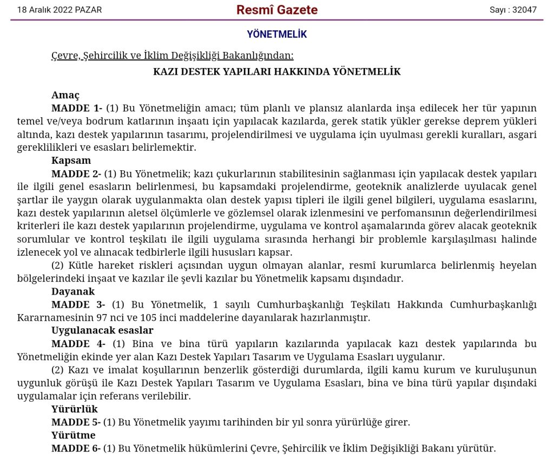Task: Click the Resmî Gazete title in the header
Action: [277, 10]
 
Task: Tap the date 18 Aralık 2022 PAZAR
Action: [60, 10]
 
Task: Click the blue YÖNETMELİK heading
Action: [277, 34]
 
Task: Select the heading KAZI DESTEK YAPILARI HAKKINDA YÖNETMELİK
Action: [277, 71]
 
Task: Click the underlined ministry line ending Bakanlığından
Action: [172, 55]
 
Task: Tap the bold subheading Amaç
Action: [65, 95]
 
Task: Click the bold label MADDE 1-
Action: [77, 108]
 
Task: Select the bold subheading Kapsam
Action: [71, 160]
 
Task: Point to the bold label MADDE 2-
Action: [76, 174]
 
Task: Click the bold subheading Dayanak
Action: [73, 291]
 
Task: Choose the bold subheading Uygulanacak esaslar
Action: [102, 330]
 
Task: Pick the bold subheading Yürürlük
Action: [75, 409]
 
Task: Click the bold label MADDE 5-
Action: [76, 422]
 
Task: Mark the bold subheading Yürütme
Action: [74, 435]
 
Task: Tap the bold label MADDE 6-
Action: [76, 448]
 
